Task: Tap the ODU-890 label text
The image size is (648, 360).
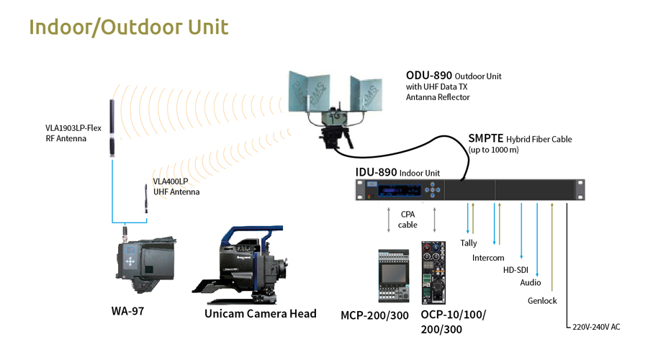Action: pyautogui.click(x=430, y=75)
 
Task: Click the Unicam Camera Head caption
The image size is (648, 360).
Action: pyautogui.click(x=260, y=313)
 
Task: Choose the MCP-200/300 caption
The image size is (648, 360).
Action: pyautogui.click(x=374, y=316)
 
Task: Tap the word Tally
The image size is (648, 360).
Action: pyautogui.click(x=469, y=243)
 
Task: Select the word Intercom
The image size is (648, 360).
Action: pyautogui.click(x=488, y=258)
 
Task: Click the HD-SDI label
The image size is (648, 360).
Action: pyautogui.click(x=515, y=270)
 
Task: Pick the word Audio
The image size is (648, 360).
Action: pyautogui.click(x=531, y=283)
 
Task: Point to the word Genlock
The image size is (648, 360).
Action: pyautogui.click(x=542, y=301)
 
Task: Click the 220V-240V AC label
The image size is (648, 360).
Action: pyautogui.click(x=596, y=327)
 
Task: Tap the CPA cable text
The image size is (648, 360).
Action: pyautogui.click(x=408, y=219)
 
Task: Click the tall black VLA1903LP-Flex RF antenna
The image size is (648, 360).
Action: pyautogui.click(x=112, y=128)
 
